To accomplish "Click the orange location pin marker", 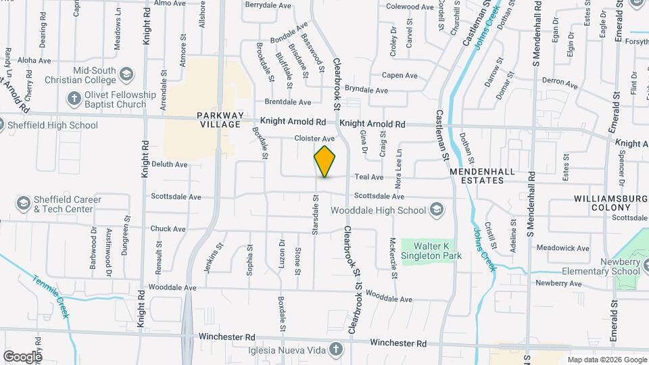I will (x=325, y=161).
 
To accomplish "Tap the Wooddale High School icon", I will (x=436, y=210).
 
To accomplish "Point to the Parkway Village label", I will (x=219, y=120).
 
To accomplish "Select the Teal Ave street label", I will (x=369, y=176).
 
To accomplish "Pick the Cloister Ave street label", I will (x=314, y=139).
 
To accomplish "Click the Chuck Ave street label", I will (x=168, y=228).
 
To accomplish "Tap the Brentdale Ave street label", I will (x=287, y=102).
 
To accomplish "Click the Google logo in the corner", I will (x=22, y=356).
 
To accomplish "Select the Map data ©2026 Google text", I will (x=606, y=360).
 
